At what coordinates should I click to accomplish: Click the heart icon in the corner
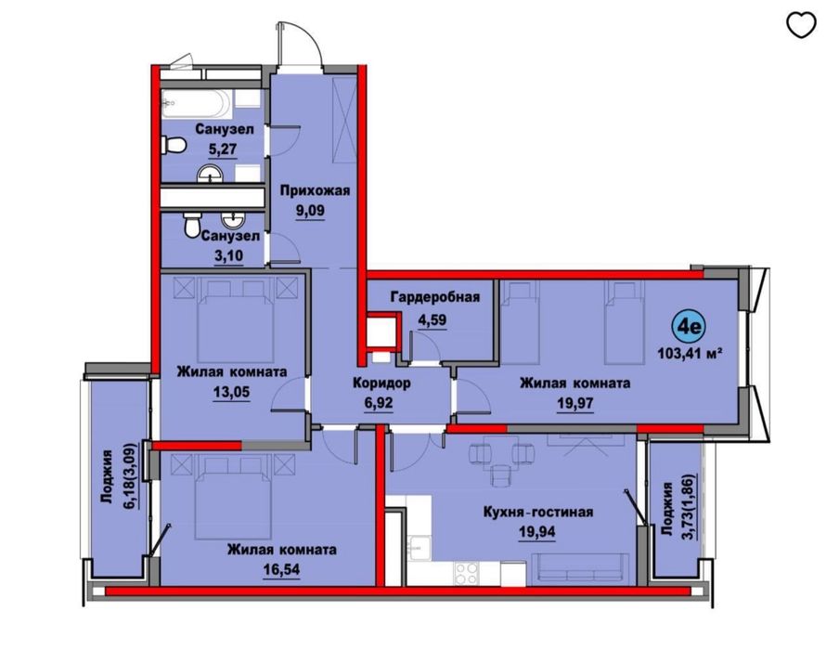(x=801, y=25)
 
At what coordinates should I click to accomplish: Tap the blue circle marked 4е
(x=691, y=327)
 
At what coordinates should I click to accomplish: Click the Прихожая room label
(x=315, y=190)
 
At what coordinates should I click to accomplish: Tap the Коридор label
(x=381, y=383)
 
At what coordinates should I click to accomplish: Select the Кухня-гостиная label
(x=538, y=511)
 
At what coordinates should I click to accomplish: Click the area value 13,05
(x=231, y=391)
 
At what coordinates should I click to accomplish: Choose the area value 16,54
(x=282, y=567)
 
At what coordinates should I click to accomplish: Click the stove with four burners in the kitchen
(x=463, y=573)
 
